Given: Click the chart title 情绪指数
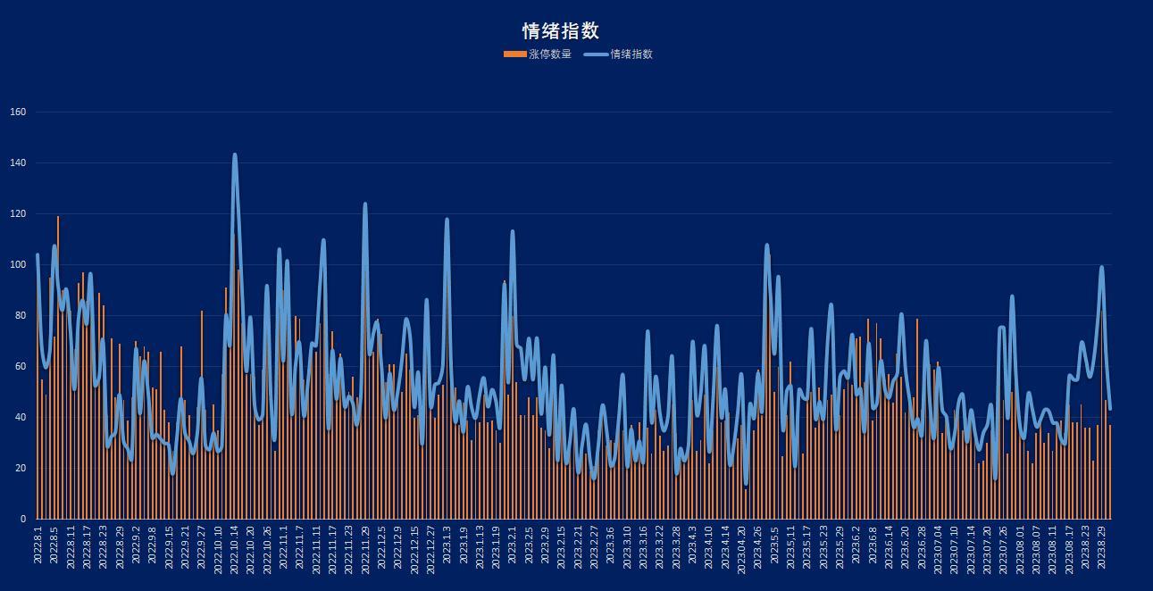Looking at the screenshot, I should (560, 31).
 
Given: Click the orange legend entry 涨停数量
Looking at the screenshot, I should (538, 54).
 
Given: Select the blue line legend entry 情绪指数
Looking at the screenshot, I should (619, 54).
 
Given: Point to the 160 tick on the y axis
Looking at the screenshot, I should (18, 112).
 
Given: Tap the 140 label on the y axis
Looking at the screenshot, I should (18, 162).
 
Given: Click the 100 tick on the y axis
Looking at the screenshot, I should (18, 265).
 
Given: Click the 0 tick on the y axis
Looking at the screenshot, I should (23, 520).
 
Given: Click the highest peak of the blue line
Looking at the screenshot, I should (235, 155).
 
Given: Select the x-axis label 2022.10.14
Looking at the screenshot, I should (235, 551).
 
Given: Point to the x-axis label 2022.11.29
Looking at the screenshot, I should (365, 551).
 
